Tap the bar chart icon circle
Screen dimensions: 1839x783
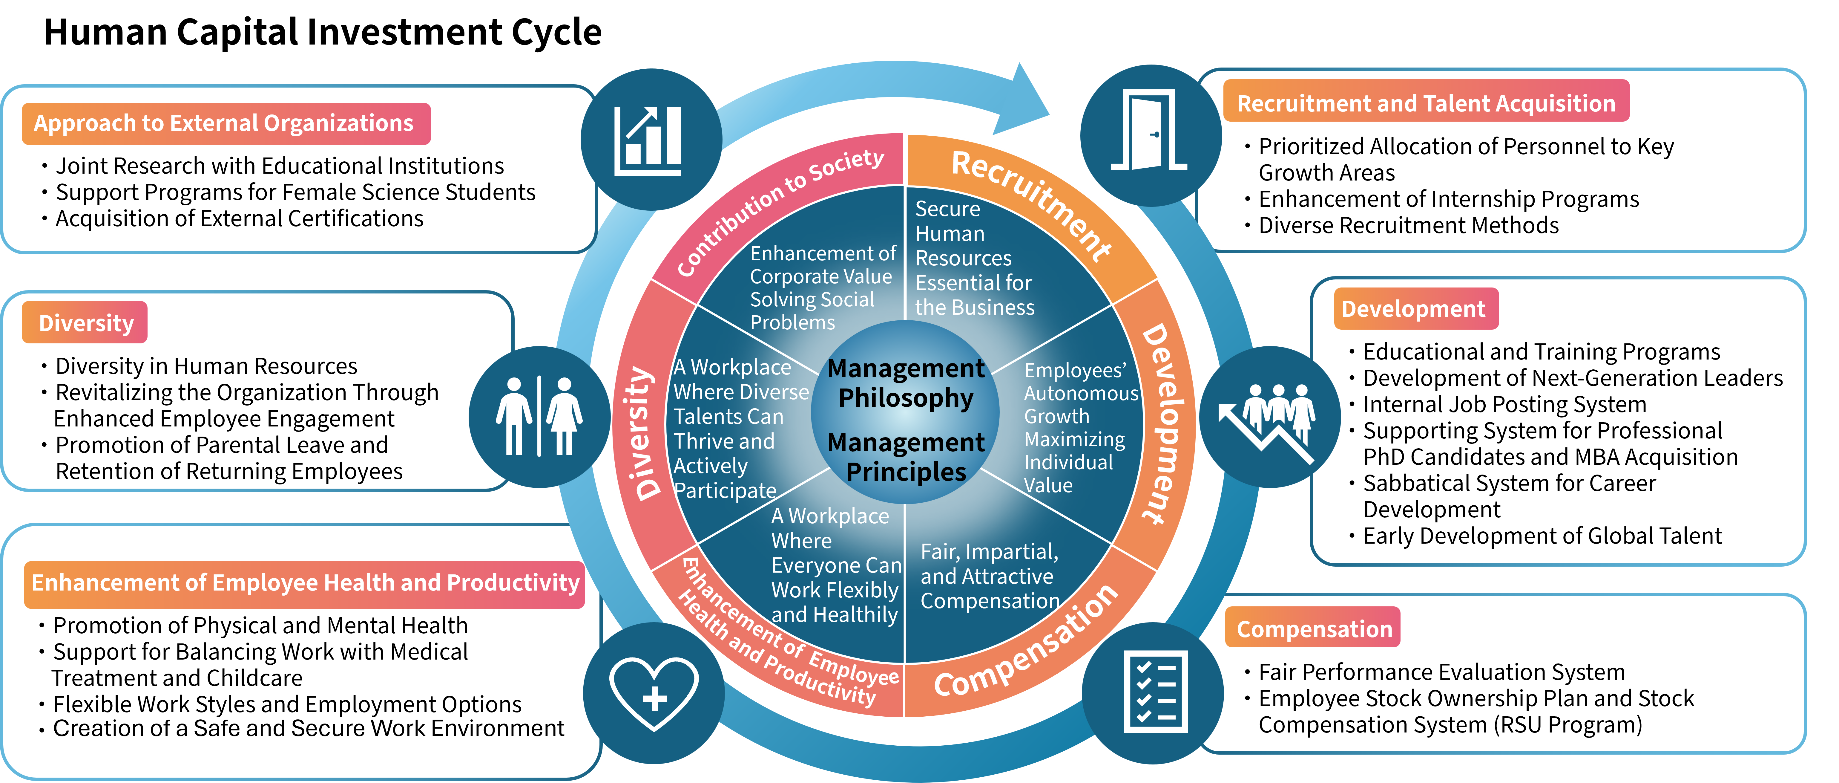tap(651, 139)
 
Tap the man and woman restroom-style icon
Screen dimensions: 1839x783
tap(539, 417)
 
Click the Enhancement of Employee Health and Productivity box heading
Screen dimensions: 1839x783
tap(305, 583)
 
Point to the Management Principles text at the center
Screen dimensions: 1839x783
tap(905, 457)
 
